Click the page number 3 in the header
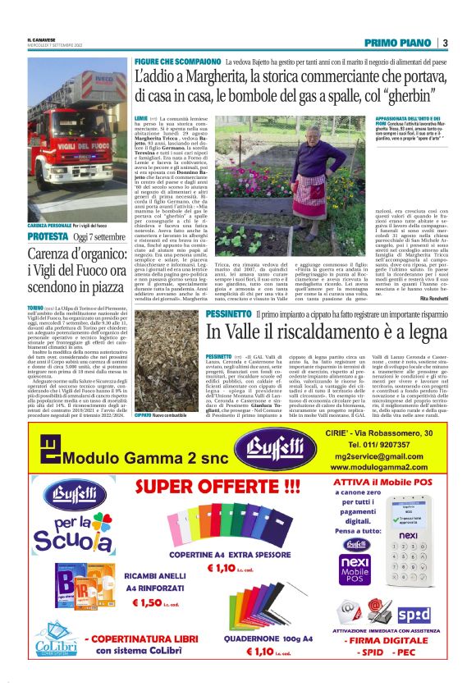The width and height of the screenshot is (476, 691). point(444,43)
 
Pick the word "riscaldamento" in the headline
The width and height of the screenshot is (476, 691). point(327,332)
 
